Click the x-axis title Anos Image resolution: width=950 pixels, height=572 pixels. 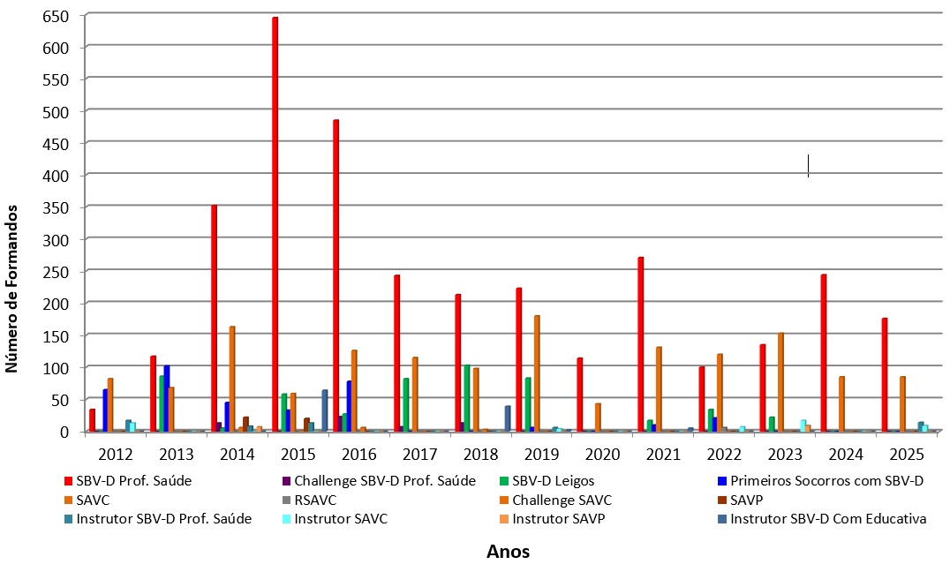508,553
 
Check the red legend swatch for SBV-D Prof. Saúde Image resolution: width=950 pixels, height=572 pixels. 69,481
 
